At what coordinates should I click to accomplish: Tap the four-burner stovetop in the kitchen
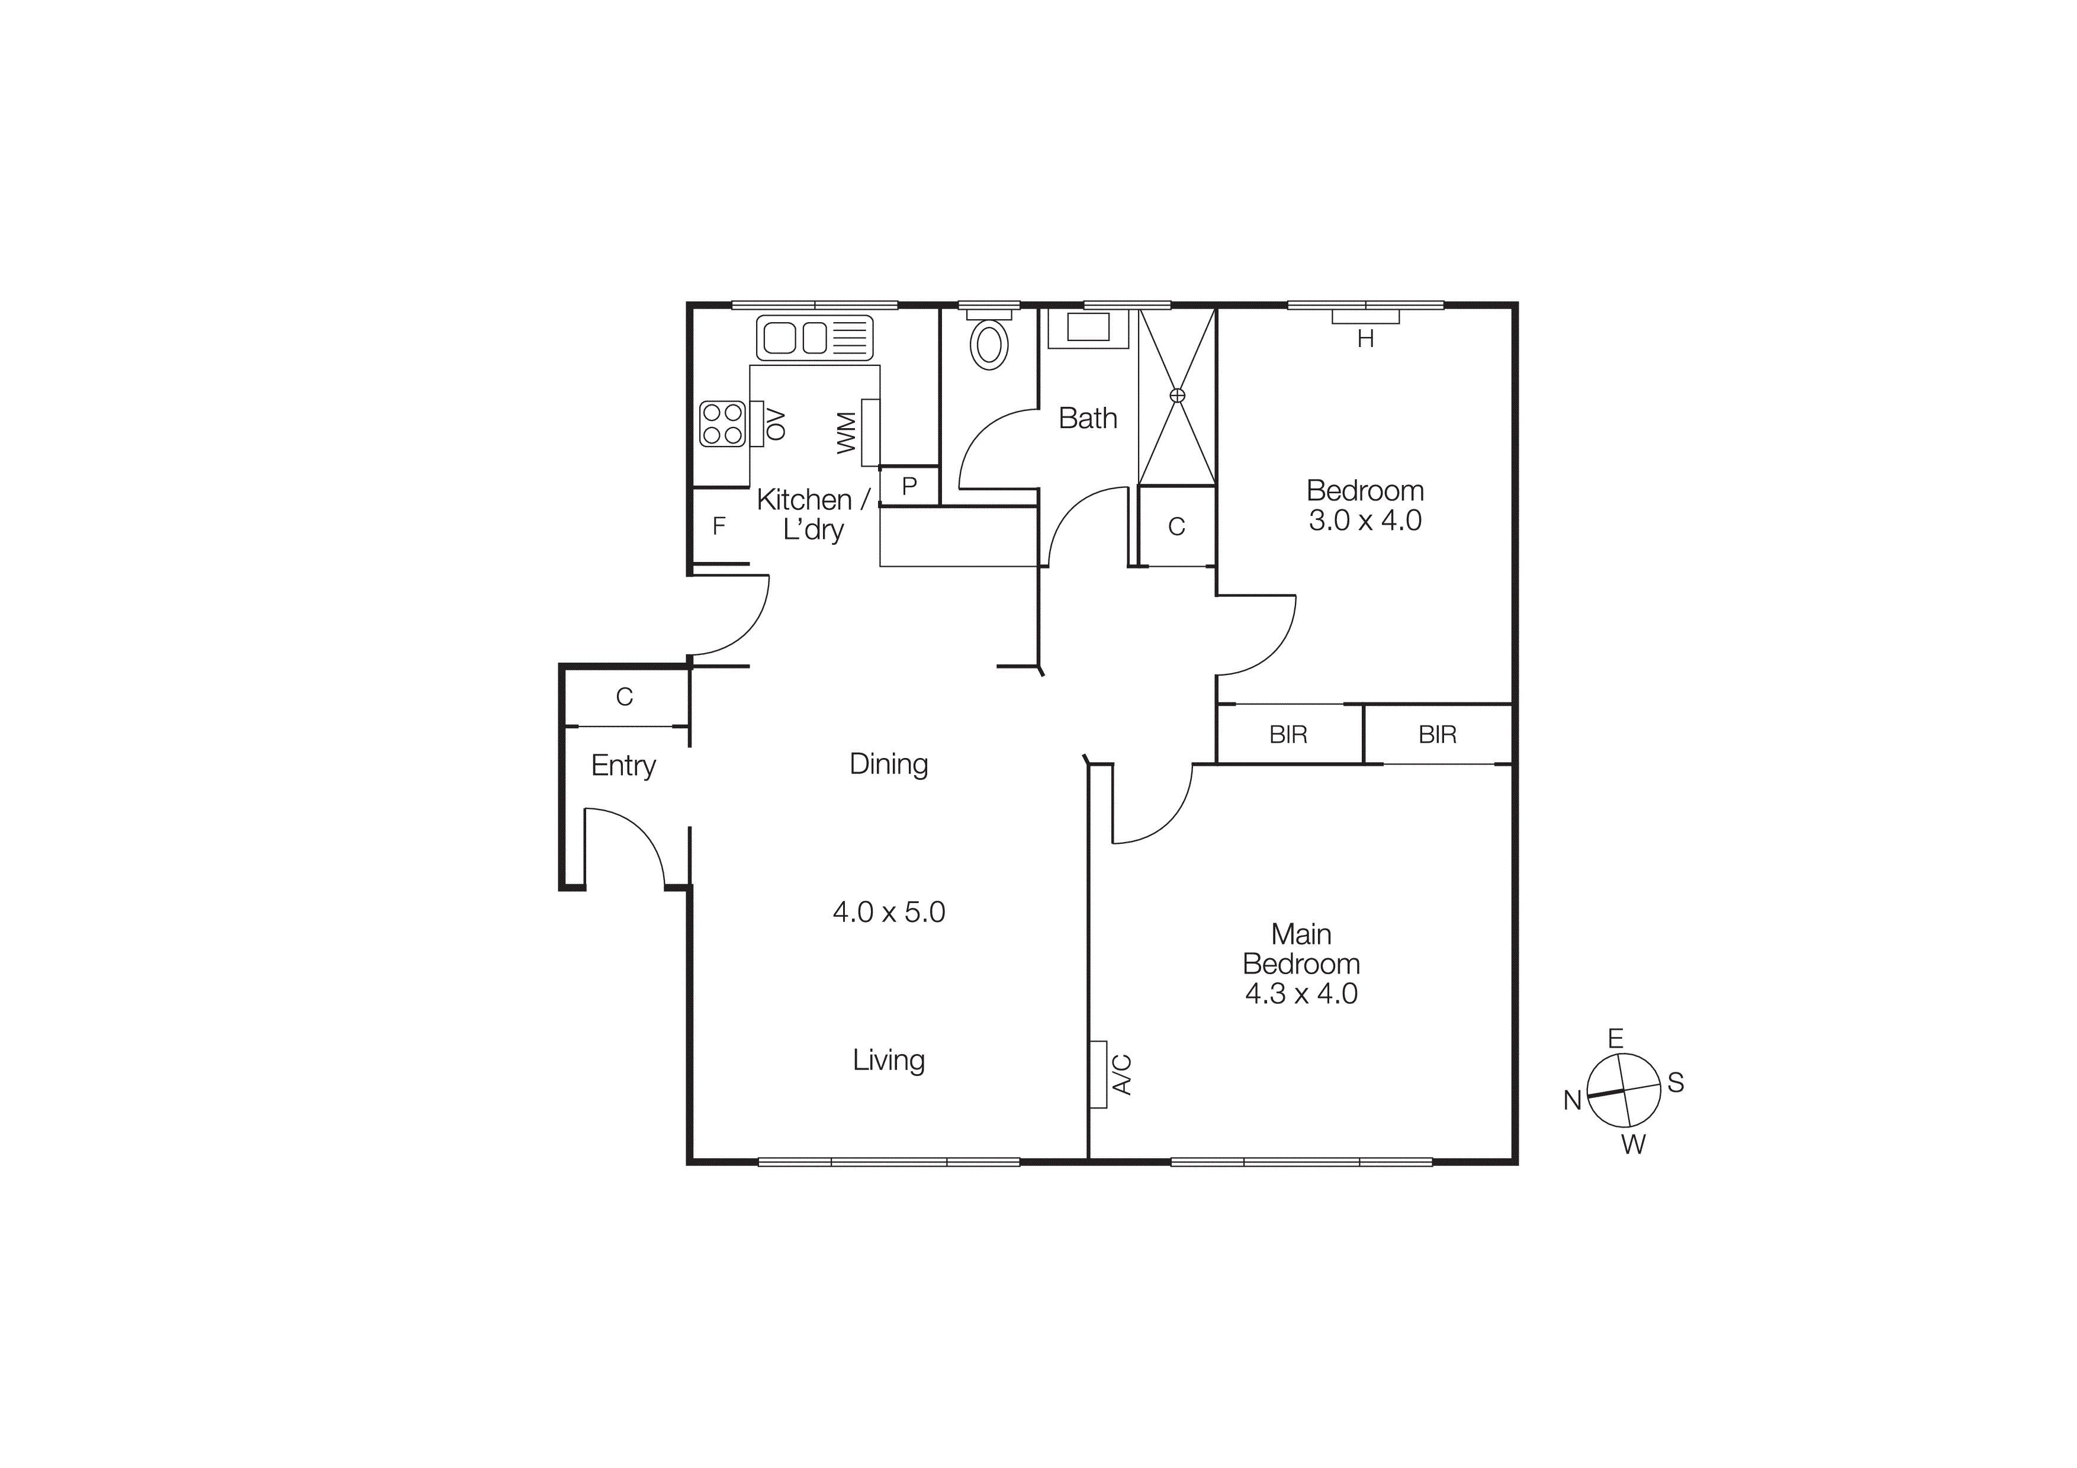pyautogui.click(x=722, y=423)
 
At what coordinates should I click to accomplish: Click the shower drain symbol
pyautogui.click(x=1177, y=395)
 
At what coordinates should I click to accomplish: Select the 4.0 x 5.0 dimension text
pyautogui.click(x=888, y=912)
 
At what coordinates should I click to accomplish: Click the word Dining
pyautogui.click(x=888, y=764)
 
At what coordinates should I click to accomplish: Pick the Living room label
pyautogui.click(x=888, y=1059)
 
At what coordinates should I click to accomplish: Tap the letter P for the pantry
pyautogui.click(x=909, y=486)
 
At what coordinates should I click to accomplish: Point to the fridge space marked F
pyautogui.click(x=719, y=526)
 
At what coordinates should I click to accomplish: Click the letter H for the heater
pyautogui.click(x=1365, y=339)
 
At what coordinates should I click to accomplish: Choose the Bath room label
pyautogui.click(x=1088, y=418)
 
